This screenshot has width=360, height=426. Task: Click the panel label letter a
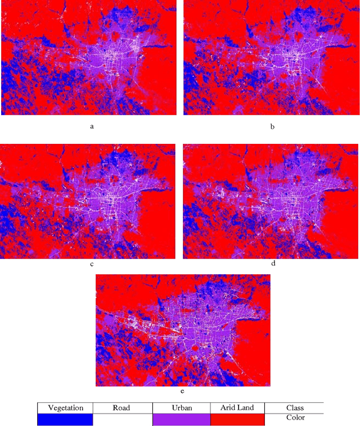92,126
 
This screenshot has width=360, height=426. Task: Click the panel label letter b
272,126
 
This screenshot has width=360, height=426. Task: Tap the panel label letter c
92,263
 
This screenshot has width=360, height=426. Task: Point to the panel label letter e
182,391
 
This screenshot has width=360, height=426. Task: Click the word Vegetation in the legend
66,407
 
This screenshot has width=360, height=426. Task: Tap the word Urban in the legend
182,407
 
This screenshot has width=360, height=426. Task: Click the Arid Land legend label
238,407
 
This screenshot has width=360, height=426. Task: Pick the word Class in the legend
295,407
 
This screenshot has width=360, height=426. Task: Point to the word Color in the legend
295,418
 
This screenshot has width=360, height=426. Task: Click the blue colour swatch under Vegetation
65,419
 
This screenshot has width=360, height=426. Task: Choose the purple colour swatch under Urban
181,419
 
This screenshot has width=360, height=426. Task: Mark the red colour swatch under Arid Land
237,419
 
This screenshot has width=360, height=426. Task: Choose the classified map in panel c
88,201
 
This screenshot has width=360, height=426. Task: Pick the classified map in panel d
271,201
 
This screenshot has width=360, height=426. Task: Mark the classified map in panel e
182,330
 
